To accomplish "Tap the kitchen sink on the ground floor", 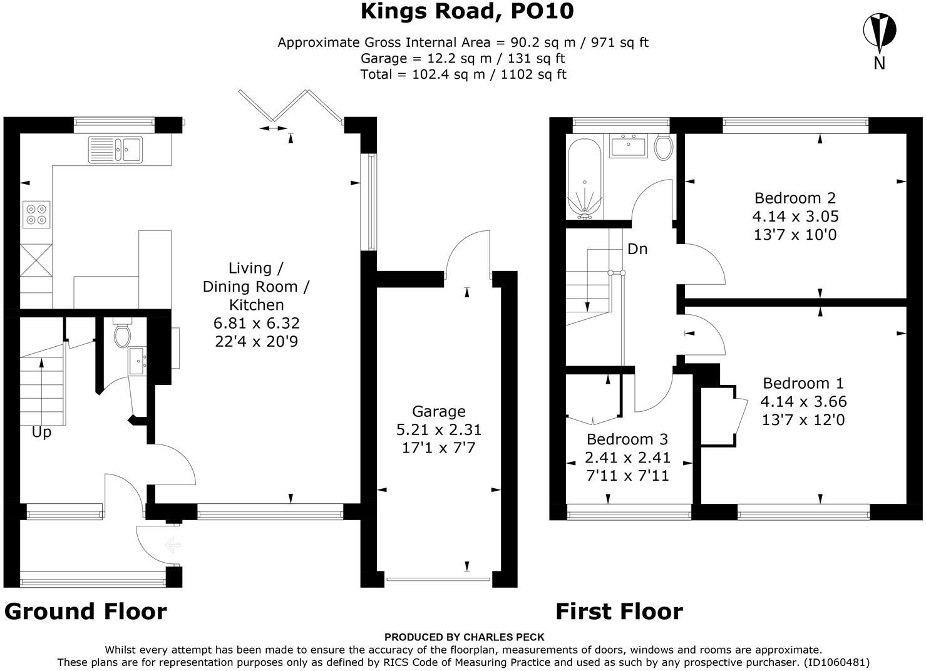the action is pyautogui.click(x=115, y=149).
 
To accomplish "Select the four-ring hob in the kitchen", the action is pyautogui.click(x=36, y=215).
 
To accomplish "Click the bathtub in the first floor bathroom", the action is pyautogui.click(x=585, y=178).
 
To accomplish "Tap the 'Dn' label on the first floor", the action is pyautogui.click(x=637, y=249).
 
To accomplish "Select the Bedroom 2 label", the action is pyautogui.click(x=795, y=198).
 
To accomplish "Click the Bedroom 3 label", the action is pyautogui.click(x=627, y=439).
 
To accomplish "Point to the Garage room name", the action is pyautogui.click(x=439, y=411).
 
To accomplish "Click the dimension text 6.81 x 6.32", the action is pyautogui.click(x=256, y=323).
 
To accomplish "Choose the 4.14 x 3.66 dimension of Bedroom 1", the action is pyautogui.click(x=803, y=402).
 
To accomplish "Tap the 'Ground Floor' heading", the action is pyautogui.click(x=86, y=612).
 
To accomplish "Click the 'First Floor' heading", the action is pyautogui.click(x=619, y=612).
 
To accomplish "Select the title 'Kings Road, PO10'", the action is pyautogui.click(x=467, y=11).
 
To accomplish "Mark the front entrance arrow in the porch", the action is pyautogui.click(x=172, y=545).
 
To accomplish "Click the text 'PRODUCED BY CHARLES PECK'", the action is pyautogui.click(x=464, y=637).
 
